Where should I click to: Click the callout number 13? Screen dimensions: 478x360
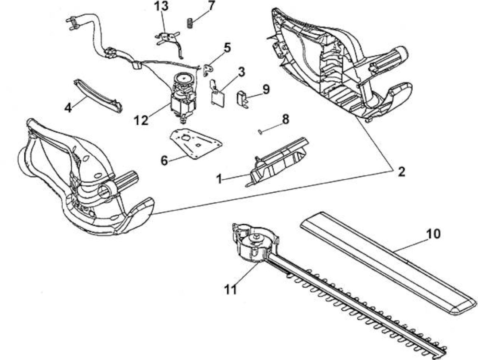click(x=162, y=6)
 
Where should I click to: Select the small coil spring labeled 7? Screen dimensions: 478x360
click(x=190, y=23)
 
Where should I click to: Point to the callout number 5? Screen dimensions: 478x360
click(x=226, y=48)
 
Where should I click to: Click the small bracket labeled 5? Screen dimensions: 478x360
click(x=209, y=70)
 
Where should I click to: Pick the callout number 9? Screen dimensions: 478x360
click(x=266, y=89)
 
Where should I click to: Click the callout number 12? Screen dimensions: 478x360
click(x=141, y=120)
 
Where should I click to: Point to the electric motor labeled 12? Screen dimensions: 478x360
click(x=183, y=98)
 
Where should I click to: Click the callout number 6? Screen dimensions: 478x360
click(x=164, y=161)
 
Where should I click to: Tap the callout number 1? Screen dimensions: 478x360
click(x=219, y=179)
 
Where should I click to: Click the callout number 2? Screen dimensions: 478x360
click(x=401, y=172)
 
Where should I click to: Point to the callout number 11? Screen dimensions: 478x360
click(x=230, y=290)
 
